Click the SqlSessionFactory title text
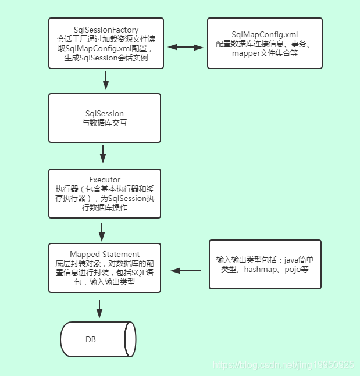tap(105, 30)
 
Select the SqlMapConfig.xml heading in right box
tap(265, 34)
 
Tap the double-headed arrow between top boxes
tap(184, 47)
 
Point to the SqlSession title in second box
tap(104, 113)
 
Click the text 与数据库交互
tap(104, 123)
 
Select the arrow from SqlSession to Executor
tap(103, 154)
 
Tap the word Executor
tap(104, 180)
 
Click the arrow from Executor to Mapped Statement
tap(102, 231)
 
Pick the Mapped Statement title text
tap(105, 254)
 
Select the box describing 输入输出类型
tap(265, 264)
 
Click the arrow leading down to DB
tap(99, 308)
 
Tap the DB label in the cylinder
tap(91, 339)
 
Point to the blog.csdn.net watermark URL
tap(284, 366)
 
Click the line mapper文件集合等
tap(265, 54)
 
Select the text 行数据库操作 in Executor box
tap(104, 207)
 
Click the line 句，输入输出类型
tap(104, 282)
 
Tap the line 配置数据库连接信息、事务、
tap(265, 44)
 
